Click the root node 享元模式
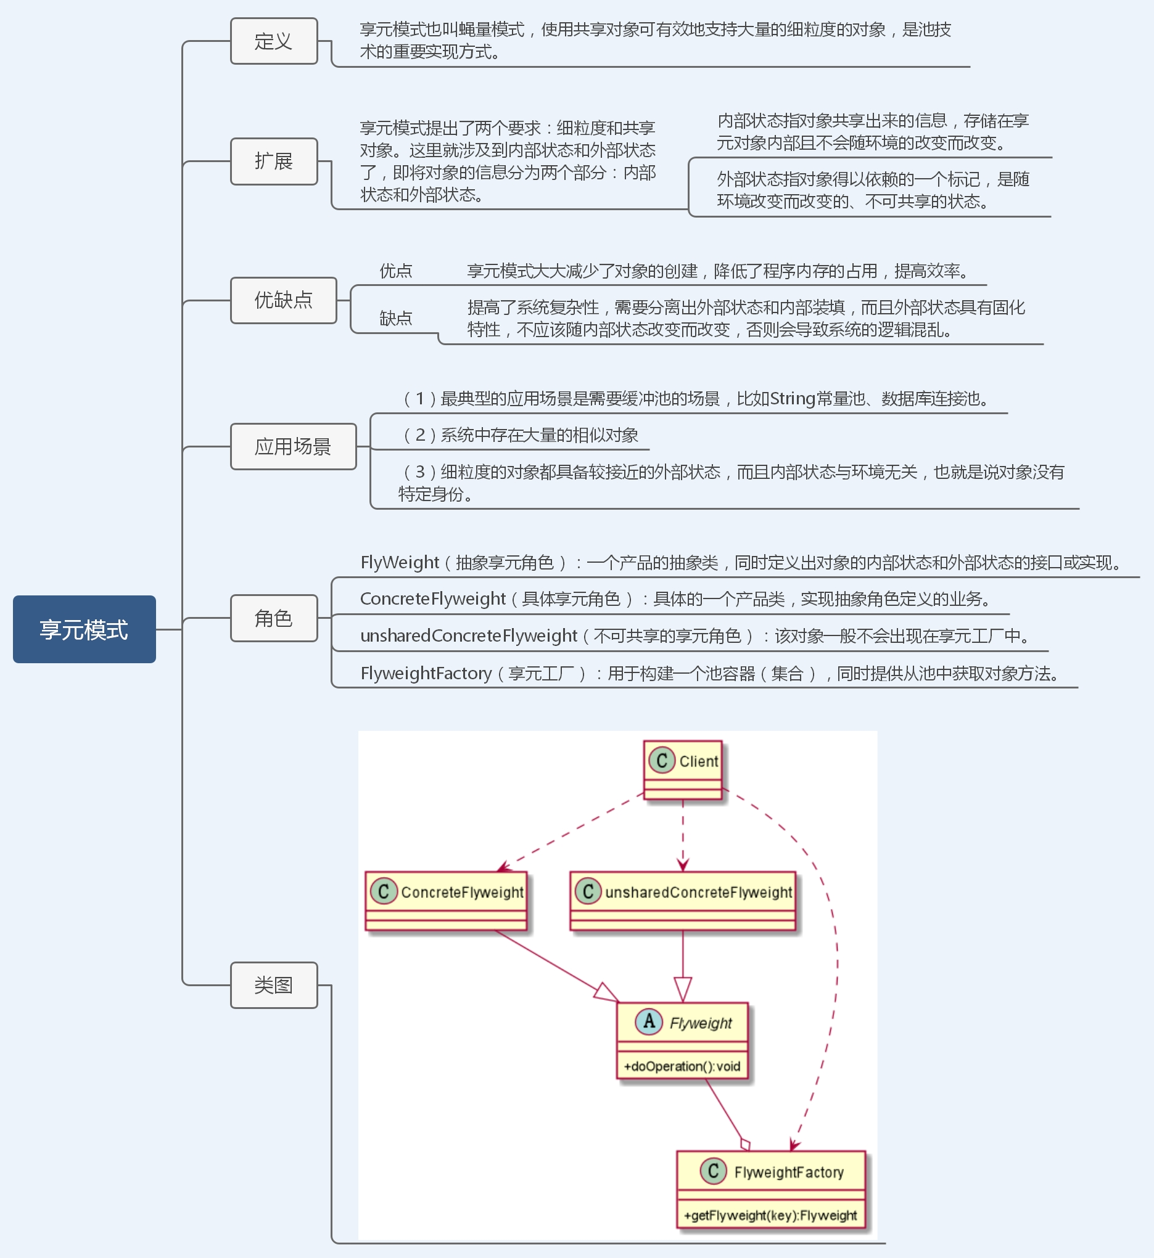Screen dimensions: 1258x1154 pos(84,629)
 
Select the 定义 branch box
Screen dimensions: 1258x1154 pos(273,41)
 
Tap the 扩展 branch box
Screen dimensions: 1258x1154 pos(273,161)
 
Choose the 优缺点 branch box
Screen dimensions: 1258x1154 pos(283,300)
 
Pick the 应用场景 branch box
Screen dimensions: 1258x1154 pos(293,446)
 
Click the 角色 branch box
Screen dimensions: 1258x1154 pos(273,618)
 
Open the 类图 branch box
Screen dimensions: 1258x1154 pos(273,985)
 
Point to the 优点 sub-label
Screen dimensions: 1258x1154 pos(396,271)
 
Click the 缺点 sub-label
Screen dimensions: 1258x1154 pos(396,318)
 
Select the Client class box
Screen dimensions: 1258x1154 pos(683,769)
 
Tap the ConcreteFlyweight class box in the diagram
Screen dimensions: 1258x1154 pos(446,901)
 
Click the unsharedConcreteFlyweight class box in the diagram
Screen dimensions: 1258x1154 pos(683,901)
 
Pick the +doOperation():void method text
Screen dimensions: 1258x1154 pos(682,1066)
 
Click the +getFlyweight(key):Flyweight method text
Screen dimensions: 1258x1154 pos(770,1215)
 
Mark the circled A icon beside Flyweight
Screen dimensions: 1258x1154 pos(649,1021)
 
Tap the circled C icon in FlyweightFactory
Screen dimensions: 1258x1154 pos(713,1170)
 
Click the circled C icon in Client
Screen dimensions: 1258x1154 pos(662,760)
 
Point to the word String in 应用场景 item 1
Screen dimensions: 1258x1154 pos(793,398)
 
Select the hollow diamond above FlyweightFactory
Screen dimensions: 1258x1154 pos(745,1145)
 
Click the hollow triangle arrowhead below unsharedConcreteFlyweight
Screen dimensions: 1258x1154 pos(683,990)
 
